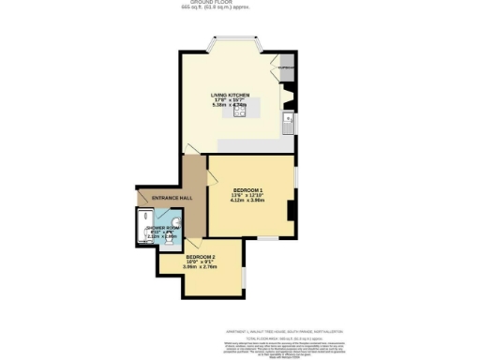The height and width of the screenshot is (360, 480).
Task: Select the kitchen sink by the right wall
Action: pos(292,123)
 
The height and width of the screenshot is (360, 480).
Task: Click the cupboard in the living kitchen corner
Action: pos(285,68)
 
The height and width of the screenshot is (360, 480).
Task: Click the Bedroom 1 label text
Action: pos(247,189)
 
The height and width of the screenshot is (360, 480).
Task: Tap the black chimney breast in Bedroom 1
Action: pos(292,211)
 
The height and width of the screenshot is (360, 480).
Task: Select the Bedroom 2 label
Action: pos(201,256)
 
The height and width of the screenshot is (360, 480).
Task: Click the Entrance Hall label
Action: pos(158,198)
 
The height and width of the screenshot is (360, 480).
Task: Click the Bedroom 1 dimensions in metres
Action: pos(247,201)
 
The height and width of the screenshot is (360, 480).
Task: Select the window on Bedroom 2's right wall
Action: pos(242,278)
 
